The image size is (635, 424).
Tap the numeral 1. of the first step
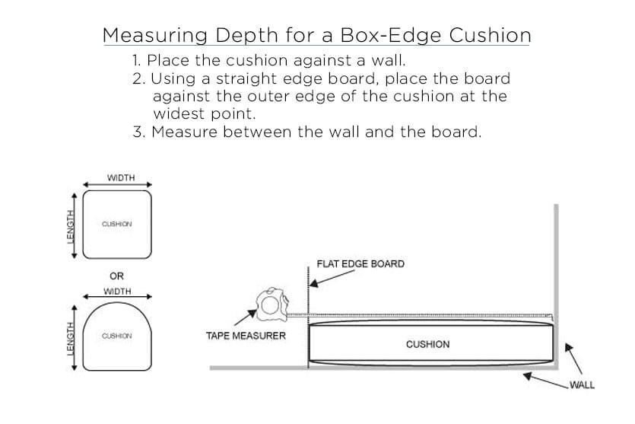[137, 60]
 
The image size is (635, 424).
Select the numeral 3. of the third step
[138, 132]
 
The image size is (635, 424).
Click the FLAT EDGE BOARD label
[360, 264]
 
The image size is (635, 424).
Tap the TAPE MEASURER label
[246, 336]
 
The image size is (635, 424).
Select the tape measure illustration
[272, 304]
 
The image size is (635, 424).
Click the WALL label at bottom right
[582, 385]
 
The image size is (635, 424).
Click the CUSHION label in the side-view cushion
[427, 344]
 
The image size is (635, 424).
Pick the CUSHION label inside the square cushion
[117, 225]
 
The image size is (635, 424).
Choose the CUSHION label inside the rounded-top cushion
[117, 336]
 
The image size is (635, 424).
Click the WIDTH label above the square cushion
[121, 177]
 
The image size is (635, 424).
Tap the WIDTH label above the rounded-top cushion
[117, 291]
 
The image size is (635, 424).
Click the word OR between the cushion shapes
[116, 276]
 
